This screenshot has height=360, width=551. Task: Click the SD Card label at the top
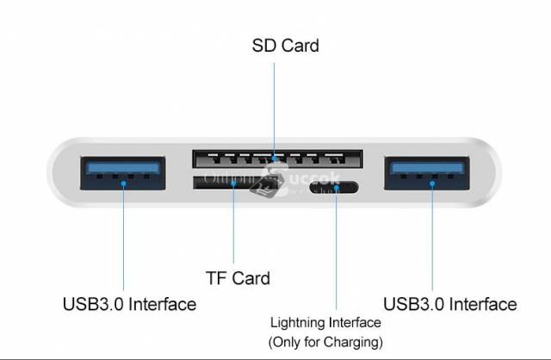coord(285,45)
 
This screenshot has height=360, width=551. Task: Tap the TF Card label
coord(238,278)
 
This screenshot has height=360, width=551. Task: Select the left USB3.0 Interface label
coord(129,304)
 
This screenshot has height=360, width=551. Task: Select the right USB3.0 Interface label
coord(450,304)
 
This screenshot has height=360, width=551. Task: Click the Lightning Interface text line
coord(325,323)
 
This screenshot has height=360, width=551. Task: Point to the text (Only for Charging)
coord(325,342)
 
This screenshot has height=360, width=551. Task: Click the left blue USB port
coord(122,175)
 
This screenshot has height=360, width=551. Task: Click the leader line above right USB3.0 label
coord(432,241)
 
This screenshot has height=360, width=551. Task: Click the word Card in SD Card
coord(300,45)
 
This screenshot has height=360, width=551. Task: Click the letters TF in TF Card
coord(215,278)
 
